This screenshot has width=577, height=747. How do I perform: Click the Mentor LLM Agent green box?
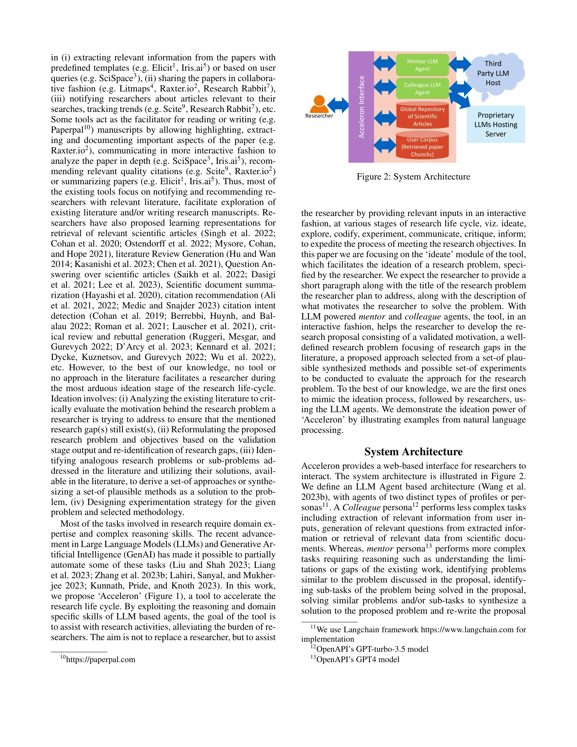tap(422, 65)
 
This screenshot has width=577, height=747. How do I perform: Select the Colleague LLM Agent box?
tap(422, 89)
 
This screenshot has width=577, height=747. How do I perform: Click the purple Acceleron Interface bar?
tap(361, 107)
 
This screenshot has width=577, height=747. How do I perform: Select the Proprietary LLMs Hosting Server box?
tap(496, 124)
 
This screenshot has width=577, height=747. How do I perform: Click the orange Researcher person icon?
tap(319, 104)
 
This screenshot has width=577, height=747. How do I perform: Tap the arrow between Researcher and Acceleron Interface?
tap(338, 105)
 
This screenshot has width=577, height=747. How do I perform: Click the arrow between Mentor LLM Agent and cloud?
tap(460, 64)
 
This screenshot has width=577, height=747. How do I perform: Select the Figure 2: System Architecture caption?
tap(413, 177)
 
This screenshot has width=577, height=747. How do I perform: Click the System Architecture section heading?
tap(413, 451)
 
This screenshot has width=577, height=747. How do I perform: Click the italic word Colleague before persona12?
tap(361, 507)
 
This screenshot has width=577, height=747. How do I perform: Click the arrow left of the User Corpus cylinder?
tap(385, 145)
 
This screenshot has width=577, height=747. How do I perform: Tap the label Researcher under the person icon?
tap(319, 116)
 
